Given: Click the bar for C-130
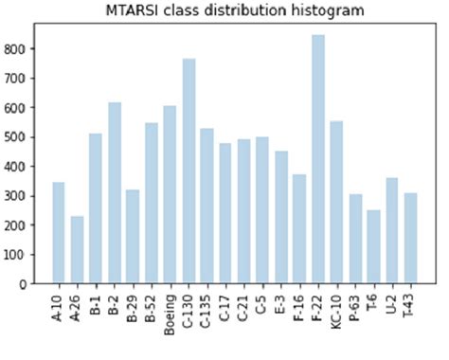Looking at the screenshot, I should [x=189, y=171].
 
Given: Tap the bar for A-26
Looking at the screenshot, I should [x=77, y=250].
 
